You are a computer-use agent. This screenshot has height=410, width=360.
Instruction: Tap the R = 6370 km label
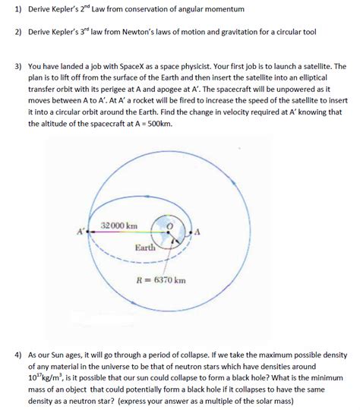(156, 280)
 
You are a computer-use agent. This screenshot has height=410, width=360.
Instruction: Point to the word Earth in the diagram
(146, 248)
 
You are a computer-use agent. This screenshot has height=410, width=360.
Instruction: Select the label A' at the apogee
(80, 231)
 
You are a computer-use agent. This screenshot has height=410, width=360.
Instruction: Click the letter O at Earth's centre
(171, 225)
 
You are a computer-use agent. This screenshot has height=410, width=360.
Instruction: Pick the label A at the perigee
(197, 231)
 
